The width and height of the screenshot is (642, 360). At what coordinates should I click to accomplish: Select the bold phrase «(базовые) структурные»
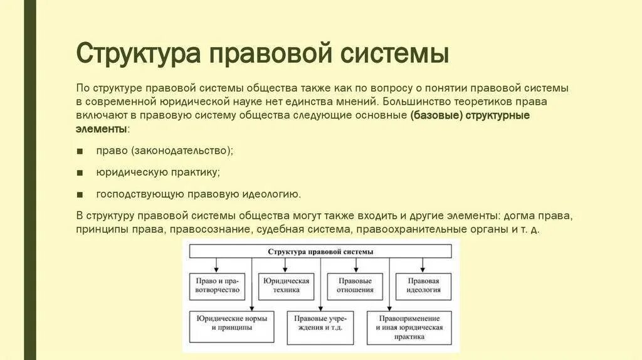coord(478,115)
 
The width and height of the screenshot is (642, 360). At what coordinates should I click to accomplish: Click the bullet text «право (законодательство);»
coord(164,151)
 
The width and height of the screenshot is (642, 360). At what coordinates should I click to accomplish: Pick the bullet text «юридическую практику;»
coord(158,172)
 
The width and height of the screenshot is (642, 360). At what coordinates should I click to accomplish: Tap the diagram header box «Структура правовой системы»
coord(320,251)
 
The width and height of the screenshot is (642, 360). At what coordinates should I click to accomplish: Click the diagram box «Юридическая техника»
coord(286,285)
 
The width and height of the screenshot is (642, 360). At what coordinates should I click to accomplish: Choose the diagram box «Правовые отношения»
coord(355,285)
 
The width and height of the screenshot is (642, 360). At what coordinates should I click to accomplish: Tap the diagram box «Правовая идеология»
coord(423,285)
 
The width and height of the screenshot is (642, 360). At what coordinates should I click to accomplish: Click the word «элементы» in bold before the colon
coord(101,129)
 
